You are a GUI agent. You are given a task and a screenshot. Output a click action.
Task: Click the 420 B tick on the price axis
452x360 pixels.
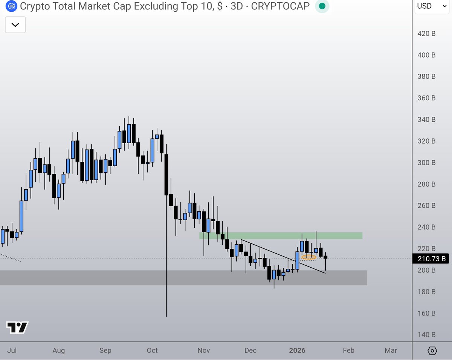click(426, 34)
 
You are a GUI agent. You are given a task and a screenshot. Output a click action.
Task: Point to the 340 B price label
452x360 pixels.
click(426, 119)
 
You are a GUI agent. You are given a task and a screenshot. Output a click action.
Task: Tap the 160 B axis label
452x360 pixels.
click(426, 313)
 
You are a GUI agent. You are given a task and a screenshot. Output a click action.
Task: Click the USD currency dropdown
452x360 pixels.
click(432, 6)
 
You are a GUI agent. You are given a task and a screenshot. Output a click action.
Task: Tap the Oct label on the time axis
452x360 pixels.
click(152, 351)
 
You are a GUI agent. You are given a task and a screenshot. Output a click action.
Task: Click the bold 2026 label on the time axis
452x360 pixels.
click(297, 351)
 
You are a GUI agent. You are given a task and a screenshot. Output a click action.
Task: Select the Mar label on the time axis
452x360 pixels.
click(391, 351)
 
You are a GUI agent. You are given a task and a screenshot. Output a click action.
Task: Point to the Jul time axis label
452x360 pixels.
click(12, 351)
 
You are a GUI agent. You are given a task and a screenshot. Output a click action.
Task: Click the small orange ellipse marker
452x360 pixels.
click(309, 257)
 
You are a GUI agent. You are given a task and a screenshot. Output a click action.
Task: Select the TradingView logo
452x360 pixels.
click(17, 327)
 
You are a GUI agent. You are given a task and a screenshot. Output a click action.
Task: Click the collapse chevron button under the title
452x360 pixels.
click(15, 25)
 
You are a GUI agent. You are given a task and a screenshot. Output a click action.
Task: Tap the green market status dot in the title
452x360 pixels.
click(322, 6)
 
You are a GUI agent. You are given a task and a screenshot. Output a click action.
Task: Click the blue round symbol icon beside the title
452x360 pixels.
click(11, 6)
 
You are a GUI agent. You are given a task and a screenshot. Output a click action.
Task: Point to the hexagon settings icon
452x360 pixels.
click(432, 351)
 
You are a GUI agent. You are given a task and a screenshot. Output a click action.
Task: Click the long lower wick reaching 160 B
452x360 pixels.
click(166, 264)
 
